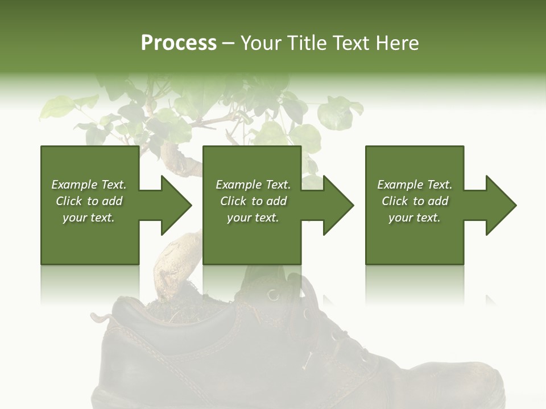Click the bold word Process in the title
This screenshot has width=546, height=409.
pos(179,43)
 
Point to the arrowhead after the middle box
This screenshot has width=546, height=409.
pos(338,205)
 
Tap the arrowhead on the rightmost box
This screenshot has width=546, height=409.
pos(500,205)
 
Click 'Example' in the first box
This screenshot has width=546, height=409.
pos(75,185)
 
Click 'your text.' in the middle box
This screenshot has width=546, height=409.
pos(253,218)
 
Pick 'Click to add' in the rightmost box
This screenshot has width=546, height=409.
pos(415,201)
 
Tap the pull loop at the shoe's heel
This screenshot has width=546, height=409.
pos(102,318)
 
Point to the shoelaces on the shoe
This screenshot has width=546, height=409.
pos(318,318)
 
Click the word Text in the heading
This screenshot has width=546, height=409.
pos(350,43)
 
